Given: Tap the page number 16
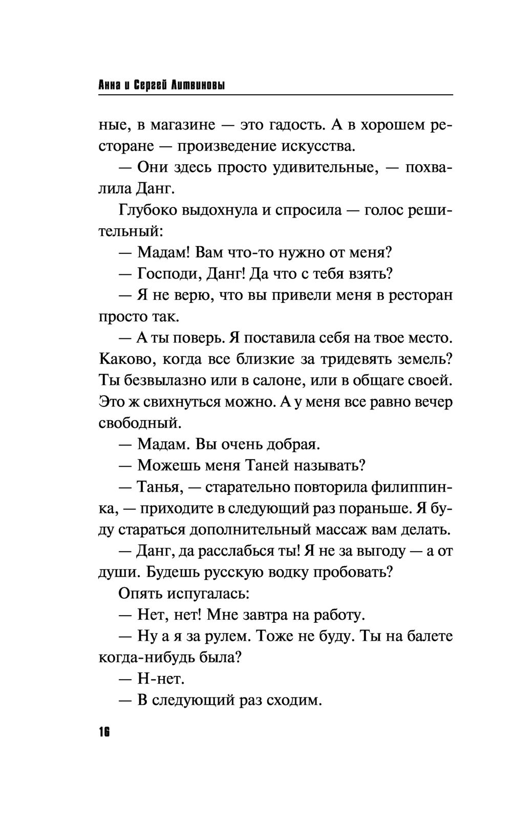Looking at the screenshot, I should (x=104, y=731).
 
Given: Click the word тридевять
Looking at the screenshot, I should (x=356, y=359).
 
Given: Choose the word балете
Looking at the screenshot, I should (x=430, y=636).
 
